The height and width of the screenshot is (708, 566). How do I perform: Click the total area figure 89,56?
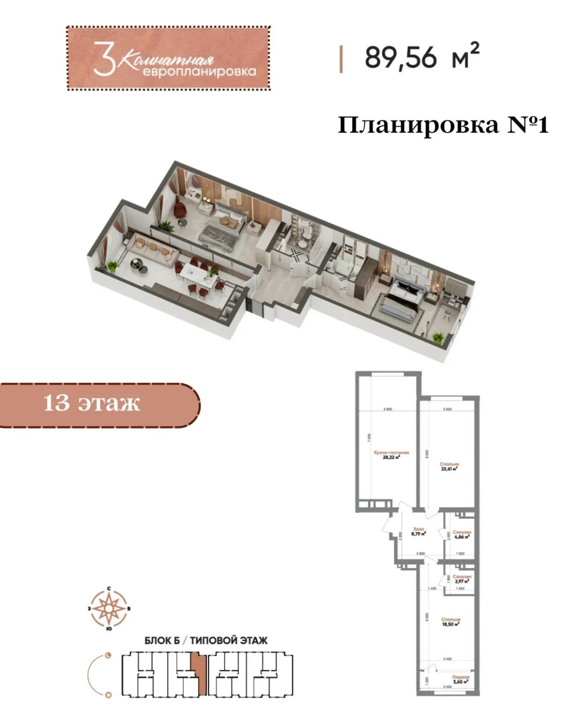point(400,57)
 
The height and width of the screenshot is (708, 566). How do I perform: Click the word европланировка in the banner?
point(200,71)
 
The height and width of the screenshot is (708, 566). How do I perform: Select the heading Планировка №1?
point(443,125)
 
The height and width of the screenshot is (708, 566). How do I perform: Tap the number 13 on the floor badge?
point(57,403)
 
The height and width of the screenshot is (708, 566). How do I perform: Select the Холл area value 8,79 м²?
point(418,534)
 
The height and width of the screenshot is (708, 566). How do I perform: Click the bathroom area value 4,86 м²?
point(462,537)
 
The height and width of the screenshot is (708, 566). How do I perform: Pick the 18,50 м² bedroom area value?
point(450,624)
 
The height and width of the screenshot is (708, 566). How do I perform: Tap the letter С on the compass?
point(108,589)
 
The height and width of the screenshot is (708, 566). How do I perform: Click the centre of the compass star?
point(108,609)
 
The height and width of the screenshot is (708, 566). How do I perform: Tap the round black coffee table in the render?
point(138,265)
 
